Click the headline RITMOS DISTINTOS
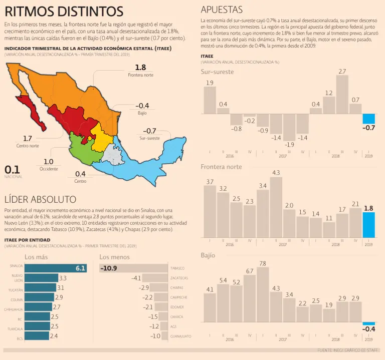tap(64, 11)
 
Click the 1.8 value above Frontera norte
tap(140, 68)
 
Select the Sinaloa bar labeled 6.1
tap(55, 268)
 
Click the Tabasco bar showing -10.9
tap(133, 268)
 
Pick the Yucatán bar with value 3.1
tap(40, 288)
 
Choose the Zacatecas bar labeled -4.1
tap(155, 278)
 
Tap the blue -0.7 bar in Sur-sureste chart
tap(368, 119)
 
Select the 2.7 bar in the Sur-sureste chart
tap(342, 95)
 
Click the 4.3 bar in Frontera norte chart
tap(276, 207)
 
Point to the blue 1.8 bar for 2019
tap(368, 225)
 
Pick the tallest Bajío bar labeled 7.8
tap(263, 294)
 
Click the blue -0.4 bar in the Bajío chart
tap(368, 323)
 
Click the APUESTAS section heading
tap(222, 10)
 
